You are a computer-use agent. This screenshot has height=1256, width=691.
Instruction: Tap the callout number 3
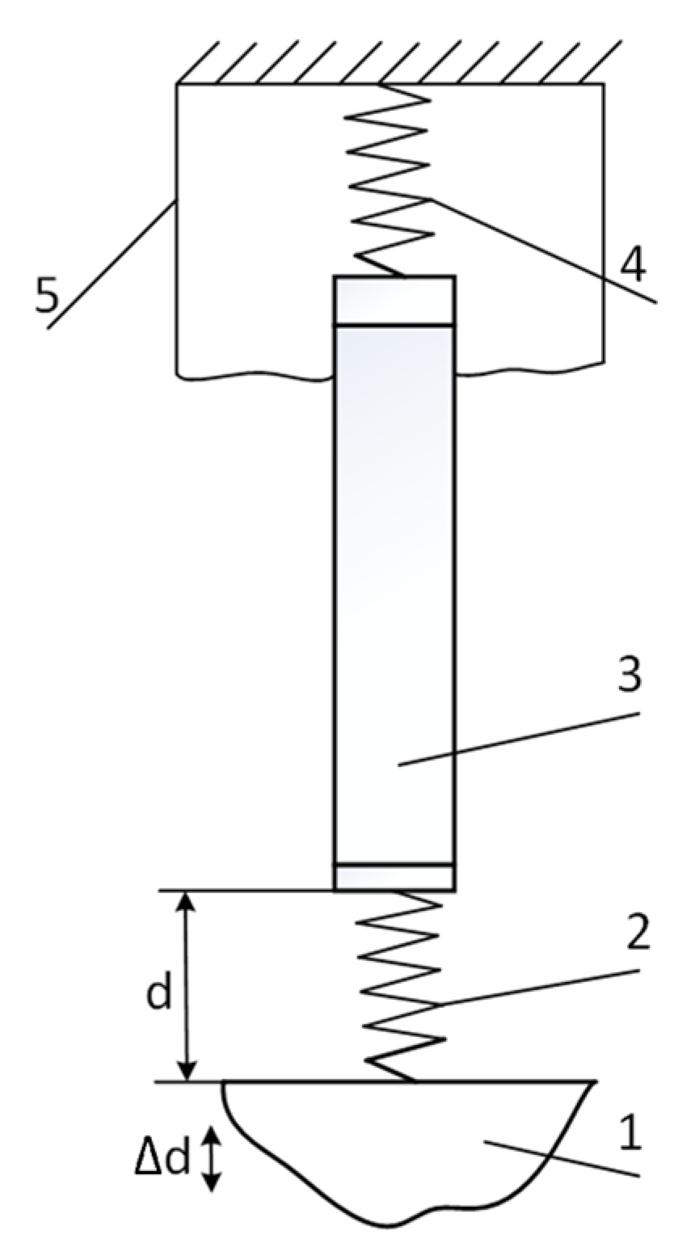pos(629,676)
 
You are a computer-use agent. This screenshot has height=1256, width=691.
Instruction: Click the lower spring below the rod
pos(402,986)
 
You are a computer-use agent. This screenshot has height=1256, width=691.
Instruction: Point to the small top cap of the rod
pos(394,301)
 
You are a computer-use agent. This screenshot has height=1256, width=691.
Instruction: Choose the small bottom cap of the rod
pos(394,877)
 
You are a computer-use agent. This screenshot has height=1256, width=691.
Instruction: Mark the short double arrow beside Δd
pos(210,1158)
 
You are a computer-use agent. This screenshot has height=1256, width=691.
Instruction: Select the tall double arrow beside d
pos(187,986)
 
